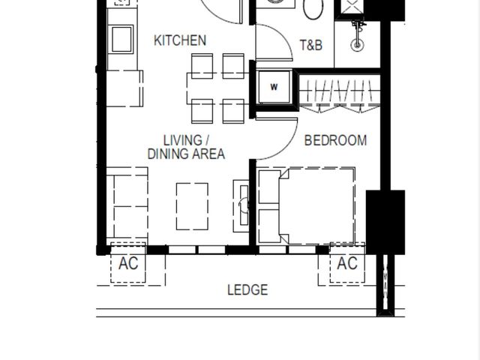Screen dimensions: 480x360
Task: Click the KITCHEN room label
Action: click(x=180, y=40)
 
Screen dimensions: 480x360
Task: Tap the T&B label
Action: click(x=311, y=45)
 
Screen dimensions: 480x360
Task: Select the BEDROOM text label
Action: click(x=335, y=140)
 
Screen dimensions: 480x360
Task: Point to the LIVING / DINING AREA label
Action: click(x=186, y=147)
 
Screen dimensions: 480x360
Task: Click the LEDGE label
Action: click(x=247, y=290)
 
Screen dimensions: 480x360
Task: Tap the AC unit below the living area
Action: click(x=128, y=262)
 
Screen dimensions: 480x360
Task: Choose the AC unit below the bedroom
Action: click(x=347, y=262)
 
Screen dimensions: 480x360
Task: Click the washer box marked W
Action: click(x=274, y=87)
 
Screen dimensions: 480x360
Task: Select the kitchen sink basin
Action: click(x=122, y=40)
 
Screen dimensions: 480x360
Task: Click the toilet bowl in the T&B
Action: click(x=313, y=8)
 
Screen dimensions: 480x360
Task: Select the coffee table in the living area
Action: click(x=192, y=206)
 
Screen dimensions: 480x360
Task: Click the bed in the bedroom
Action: click(x=307, y=206)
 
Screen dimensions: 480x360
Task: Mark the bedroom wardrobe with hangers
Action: click(x=340, y=93)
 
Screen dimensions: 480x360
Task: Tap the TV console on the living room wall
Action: click(x=241, y=205)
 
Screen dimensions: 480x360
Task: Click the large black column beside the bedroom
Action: click(x=385, y=222)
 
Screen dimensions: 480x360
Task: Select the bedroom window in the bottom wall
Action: click(x=287, y=250)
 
